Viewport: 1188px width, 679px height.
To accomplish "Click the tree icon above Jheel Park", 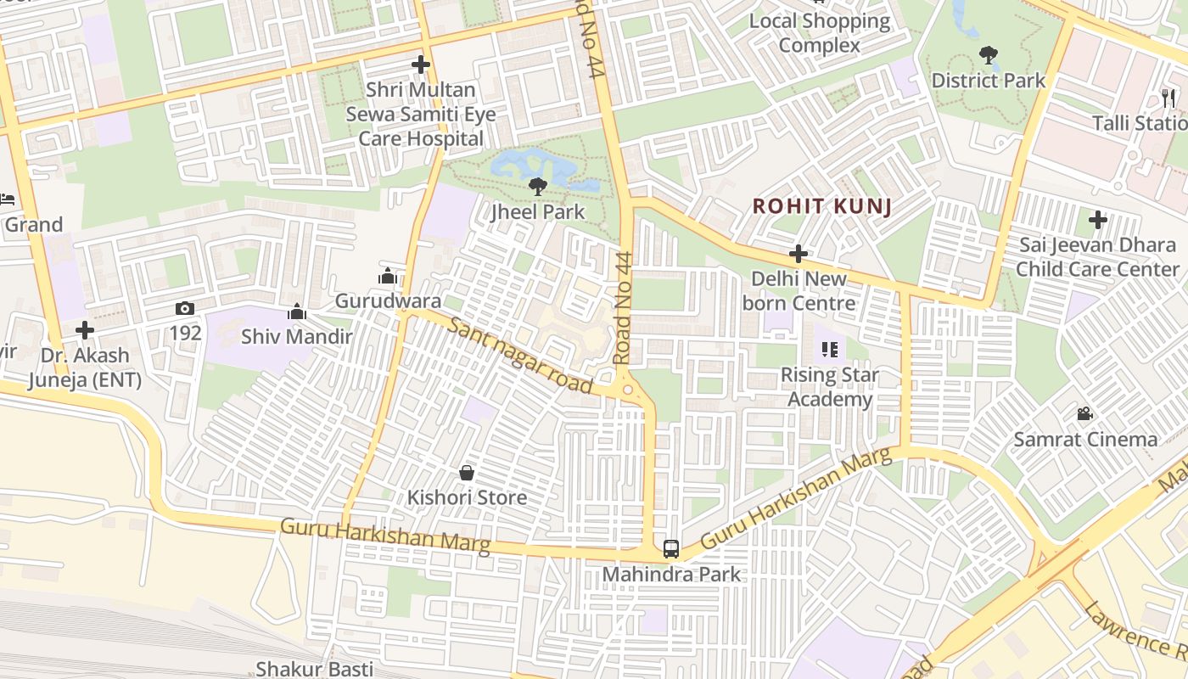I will pyautogui.click(x=537, y=186).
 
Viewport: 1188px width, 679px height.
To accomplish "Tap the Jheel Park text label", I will pyautogui.click(x=538, y=211).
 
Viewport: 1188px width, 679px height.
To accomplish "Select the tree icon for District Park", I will pyautogui.click(x=988, y=56).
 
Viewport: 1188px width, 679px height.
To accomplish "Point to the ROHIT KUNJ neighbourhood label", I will pyautogui.click(x=821, y=206).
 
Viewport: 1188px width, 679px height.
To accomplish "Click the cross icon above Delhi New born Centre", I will pyautogui.click(x=798, y=254).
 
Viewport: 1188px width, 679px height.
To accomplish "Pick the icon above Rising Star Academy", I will pyautogui.click(x=829, y=350).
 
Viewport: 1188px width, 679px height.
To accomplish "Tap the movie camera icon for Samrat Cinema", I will pyautogui.click(x=1084, y=414).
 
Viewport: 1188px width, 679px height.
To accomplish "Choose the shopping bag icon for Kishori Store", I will pyautogui.click(x=466, y=473).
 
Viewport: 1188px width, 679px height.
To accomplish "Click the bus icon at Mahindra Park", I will pyautogui.click(x=671, y=548).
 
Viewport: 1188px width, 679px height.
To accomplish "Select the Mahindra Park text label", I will pyautogui.click(x=671, y=575).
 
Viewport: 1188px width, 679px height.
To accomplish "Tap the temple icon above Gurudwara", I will pyautogui.click(x=388, y=276).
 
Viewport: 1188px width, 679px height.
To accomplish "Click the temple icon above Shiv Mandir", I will pyautogui.click(x=296, y=311).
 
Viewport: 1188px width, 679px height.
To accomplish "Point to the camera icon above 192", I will pyautogui.click(x=185, y=308).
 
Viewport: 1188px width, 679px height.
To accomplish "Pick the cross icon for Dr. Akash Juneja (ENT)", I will pyautogui.click(x=84, y=330).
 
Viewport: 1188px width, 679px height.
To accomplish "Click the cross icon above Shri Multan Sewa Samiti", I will pyautogui.click(x=420, y=65).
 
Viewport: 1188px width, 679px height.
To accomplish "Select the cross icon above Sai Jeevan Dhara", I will pyautogui.click(x=1098, y=221).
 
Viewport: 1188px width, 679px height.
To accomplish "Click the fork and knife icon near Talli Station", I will pyautogui.click(x=1169, y=98).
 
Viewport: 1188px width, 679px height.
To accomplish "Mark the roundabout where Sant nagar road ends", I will pyautogui.click(x=628, y=390).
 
